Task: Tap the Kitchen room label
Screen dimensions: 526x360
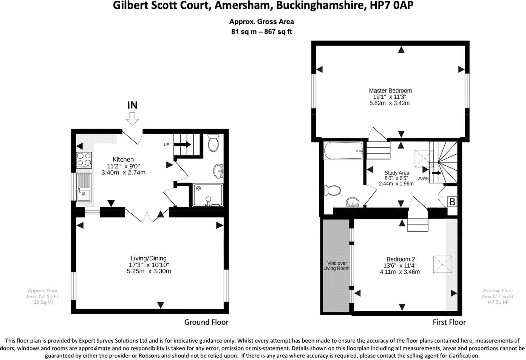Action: pyautogui.click(x=123, y=160)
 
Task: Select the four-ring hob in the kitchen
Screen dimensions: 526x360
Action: pyautogui.click(x=84, y=160)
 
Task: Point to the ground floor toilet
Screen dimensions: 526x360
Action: pyautogui.click(x=213, y=143)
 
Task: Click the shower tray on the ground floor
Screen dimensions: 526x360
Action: pyautogui.click(x=207, y=195)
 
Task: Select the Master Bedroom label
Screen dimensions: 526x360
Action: pyautogui.click(x=390, y=91)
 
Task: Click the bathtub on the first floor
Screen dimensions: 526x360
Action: pyautogui.click(x=343, y=151)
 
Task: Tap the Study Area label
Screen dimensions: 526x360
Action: pyautogui.click(x=397, y=173)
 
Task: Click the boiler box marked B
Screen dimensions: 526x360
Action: pyautogui.click(x=452, y=202)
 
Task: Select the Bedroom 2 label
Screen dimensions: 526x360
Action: pyautogui.click(x=401, y=259)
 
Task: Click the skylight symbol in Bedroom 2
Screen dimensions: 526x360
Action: pyautogui.click(x=442, y=265)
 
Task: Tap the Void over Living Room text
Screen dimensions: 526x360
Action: pyautogui.click(x=336, y=266)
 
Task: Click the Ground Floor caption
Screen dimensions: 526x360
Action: pyautogui.click(x=206, y=322)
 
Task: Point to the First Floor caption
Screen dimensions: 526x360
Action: pyautogui.click(x=449, y=322)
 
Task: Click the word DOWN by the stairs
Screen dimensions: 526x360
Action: pyautogui.click(x=423, y=178)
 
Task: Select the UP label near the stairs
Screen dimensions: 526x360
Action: pyautogui.click(x=166, y=145)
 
